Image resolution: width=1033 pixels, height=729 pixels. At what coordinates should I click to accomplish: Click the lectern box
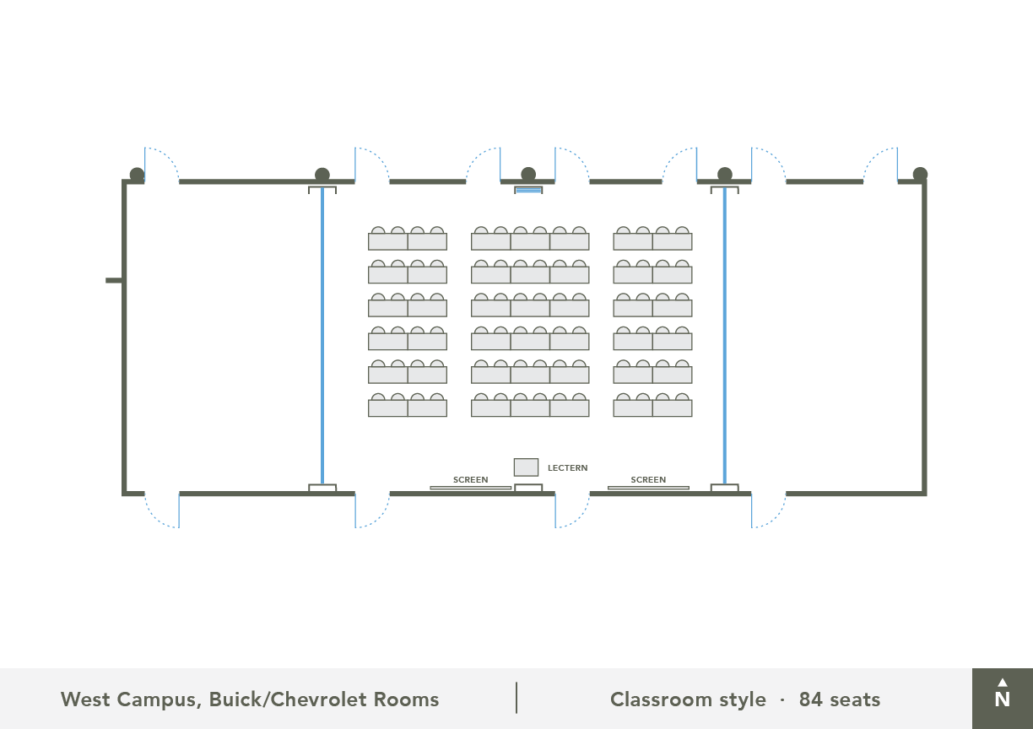[x=526, y=467]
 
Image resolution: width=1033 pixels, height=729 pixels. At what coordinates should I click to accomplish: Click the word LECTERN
[x=568, y=468]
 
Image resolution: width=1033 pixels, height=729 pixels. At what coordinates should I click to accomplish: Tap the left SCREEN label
[x=470, y=480]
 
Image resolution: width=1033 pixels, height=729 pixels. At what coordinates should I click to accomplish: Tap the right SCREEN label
[x=648, y=480]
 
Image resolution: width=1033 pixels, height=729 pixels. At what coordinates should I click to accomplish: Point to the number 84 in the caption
[x=810, y=699]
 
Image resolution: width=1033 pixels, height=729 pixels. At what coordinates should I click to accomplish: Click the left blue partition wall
[x=322, y=337]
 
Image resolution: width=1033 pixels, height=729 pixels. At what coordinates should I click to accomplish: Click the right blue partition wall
[x=724, y=337]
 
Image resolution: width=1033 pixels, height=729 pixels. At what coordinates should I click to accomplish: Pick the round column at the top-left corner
[x=137, y=175]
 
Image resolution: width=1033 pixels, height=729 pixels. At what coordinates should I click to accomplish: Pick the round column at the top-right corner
[x=920, y=175]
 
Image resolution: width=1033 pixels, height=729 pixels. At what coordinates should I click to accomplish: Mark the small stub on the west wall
[x=114, y=280]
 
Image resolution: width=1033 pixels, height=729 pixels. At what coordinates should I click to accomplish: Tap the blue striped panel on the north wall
[x=528, y=191]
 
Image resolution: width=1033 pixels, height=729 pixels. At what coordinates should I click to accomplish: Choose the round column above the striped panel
[x=528, y=175]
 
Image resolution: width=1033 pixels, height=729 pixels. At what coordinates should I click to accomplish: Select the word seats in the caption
[x=854, y=699]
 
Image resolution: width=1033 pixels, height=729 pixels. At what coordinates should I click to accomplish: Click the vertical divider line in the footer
[x=516, y=698]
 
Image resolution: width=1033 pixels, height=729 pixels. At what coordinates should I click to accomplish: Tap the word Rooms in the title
[x=409, y=699]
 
